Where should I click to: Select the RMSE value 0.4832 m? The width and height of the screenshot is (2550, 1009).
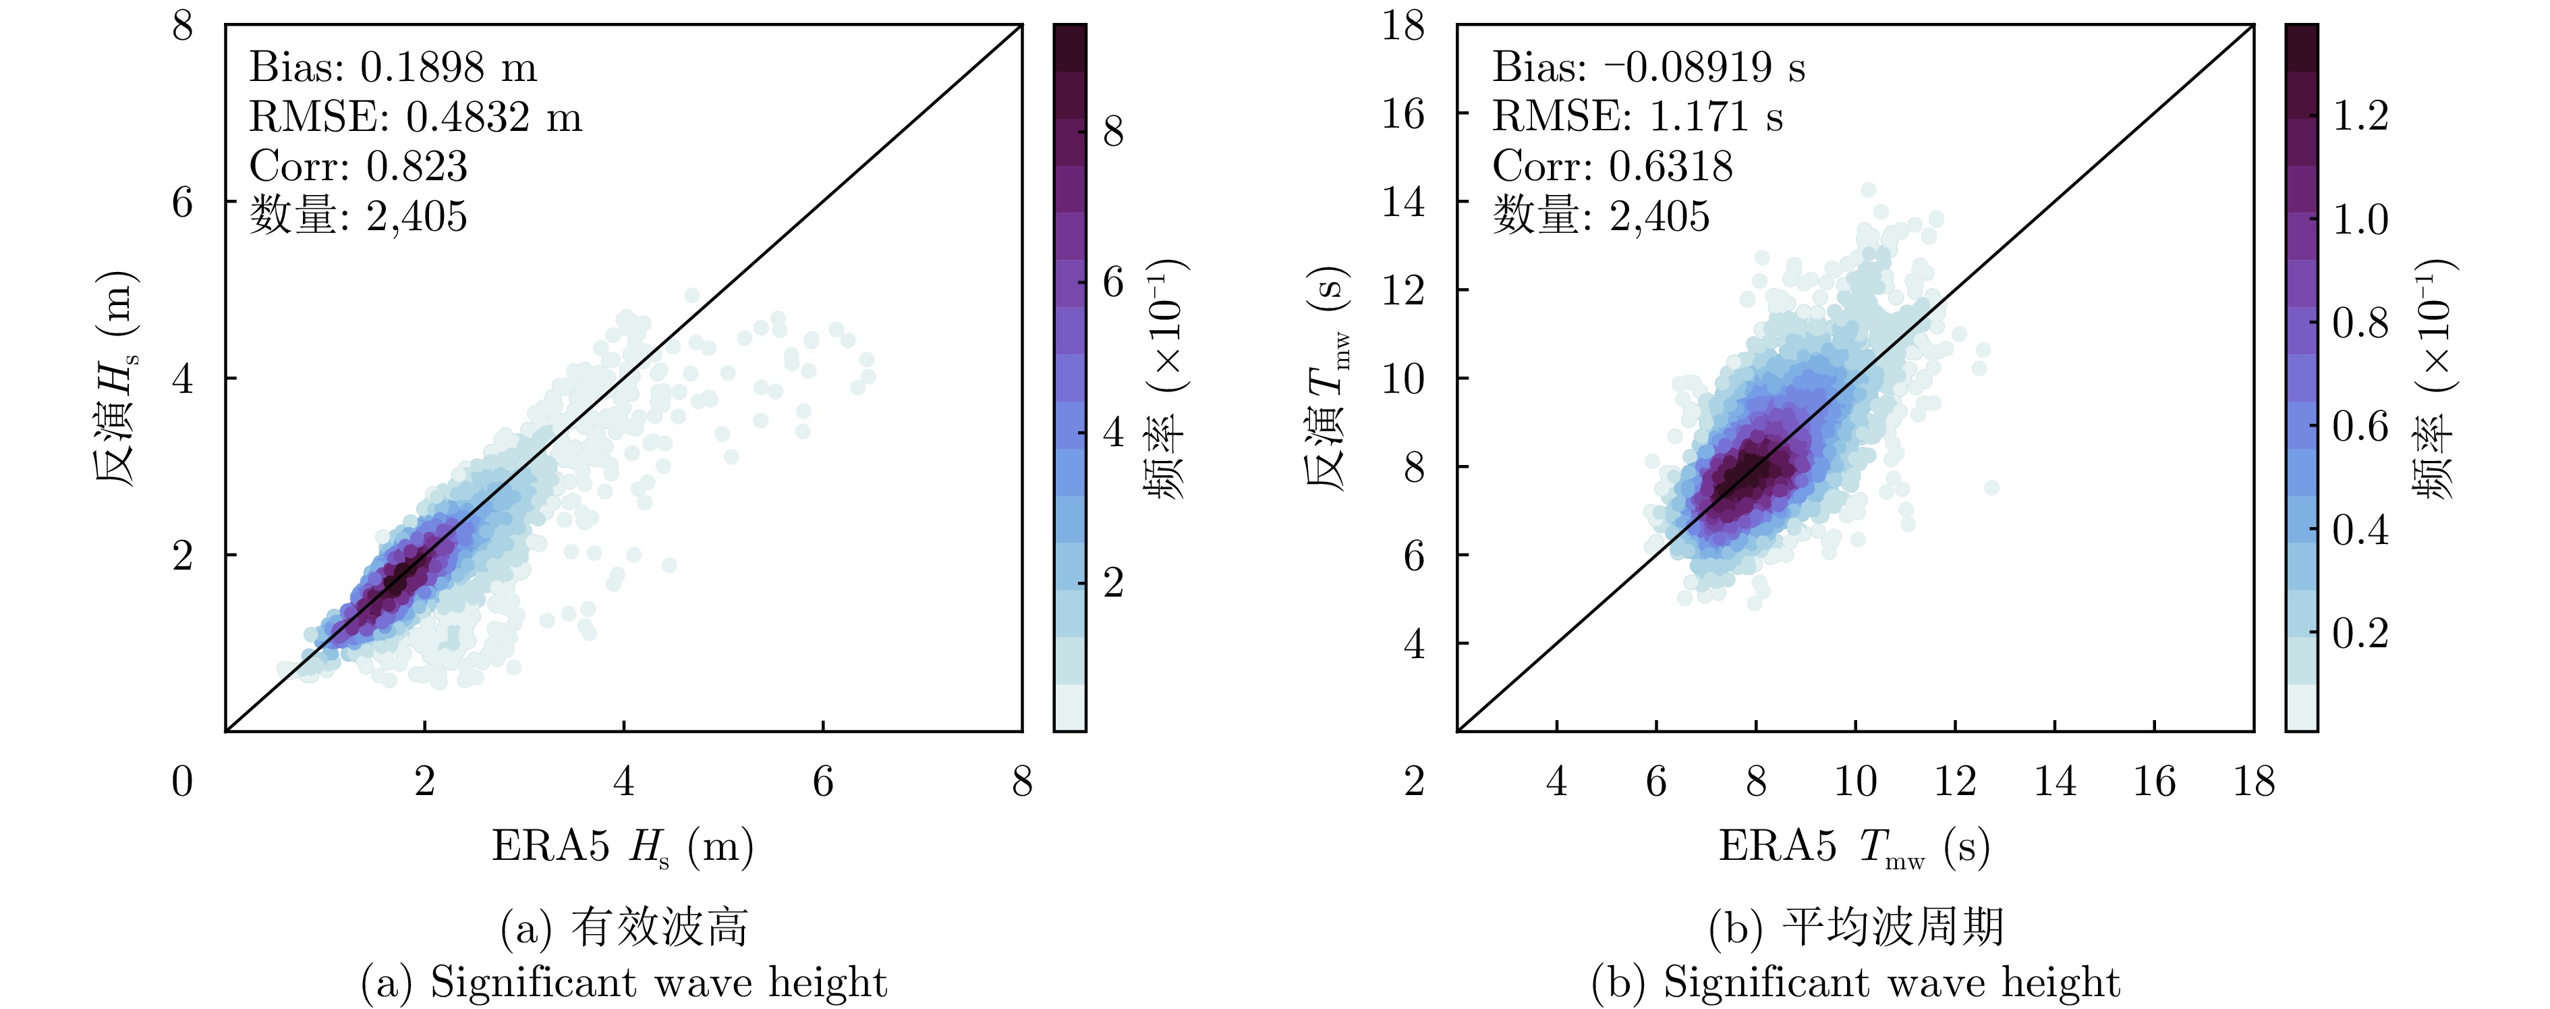[493, 117]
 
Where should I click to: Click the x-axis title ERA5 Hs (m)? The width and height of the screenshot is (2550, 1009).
[623, 846]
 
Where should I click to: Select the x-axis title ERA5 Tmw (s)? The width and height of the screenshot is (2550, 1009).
[1853, 846]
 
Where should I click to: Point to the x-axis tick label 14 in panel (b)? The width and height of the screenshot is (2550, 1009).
[2054, 782]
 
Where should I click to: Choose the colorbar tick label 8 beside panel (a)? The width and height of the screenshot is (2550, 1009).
[1114, 132]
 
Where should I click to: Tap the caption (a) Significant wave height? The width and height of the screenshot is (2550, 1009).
[623, 982]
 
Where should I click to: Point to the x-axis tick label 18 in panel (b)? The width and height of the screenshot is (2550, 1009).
[2254, 782]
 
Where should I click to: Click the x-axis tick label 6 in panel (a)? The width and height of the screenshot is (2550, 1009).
[822, 782]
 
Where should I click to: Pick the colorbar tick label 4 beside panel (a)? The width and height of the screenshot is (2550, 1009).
[1114, 433]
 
